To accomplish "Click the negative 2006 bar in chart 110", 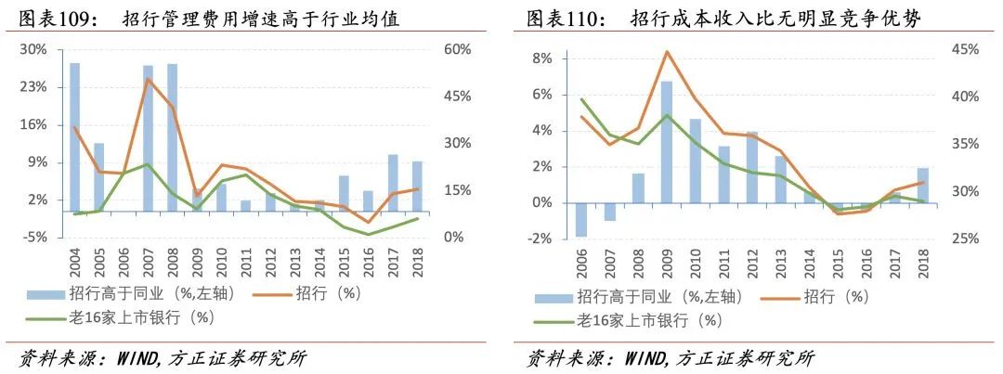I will coord(581,220).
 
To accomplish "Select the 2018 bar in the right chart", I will coord(922,186).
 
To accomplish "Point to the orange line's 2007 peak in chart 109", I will coord(148,79).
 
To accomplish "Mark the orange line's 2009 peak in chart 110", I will coord(667,52).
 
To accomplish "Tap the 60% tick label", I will coord(457,49).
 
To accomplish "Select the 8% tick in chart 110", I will coord(541,58).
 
